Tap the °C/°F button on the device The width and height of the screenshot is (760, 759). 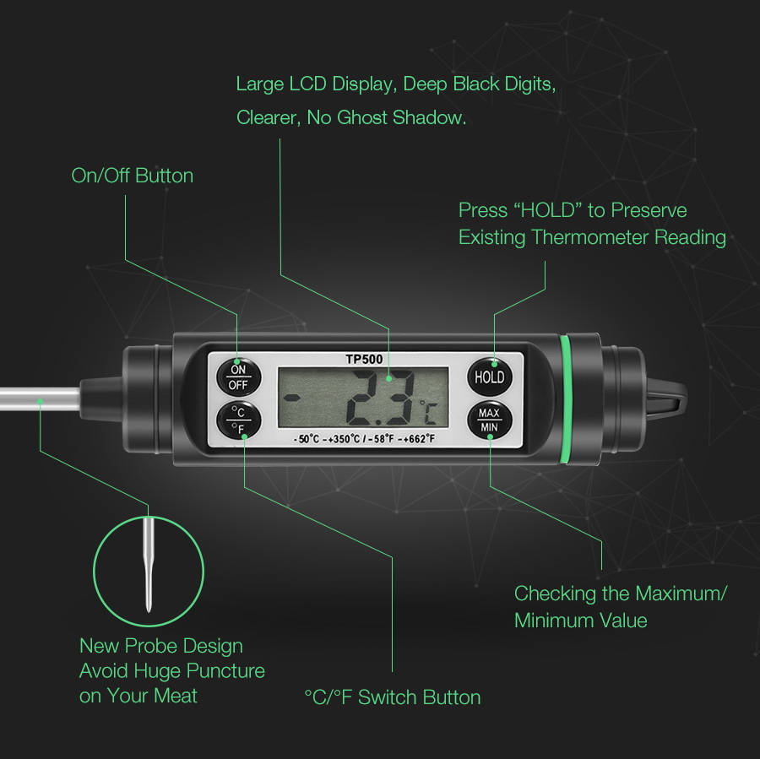[x=238, y=420]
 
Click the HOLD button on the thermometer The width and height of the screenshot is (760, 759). [x=490, y=377]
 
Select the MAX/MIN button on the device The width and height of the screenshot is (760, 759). [x=490, y=420]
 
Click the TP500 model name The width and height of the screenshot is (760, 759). [x=364, y=359]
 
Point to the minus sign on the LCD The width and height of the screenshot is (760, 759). [x=291, y=398]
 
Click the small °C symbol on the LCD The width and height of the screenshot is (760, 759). [x=428, y=412]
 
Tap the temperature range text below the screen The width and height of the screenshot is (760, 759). [x=364, y=439]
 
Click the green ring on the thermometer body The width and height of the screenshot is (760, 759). [x=565, y=398]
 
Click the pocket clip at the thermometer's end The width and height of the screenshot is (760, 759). [x=667, y=398]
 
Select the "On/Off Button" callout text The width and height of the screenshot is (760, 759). [x=133, y=176]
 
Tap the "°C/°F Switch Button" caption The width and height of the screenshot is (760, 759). [x=393, y=697]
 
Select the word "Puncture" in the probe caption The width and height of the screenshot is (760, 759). [x=225, y=671]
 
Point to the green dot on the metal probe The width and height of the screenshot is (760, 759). [x=41, y=401]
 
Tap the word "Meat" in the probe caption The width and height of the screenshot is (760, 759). [x=176, y=696]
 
